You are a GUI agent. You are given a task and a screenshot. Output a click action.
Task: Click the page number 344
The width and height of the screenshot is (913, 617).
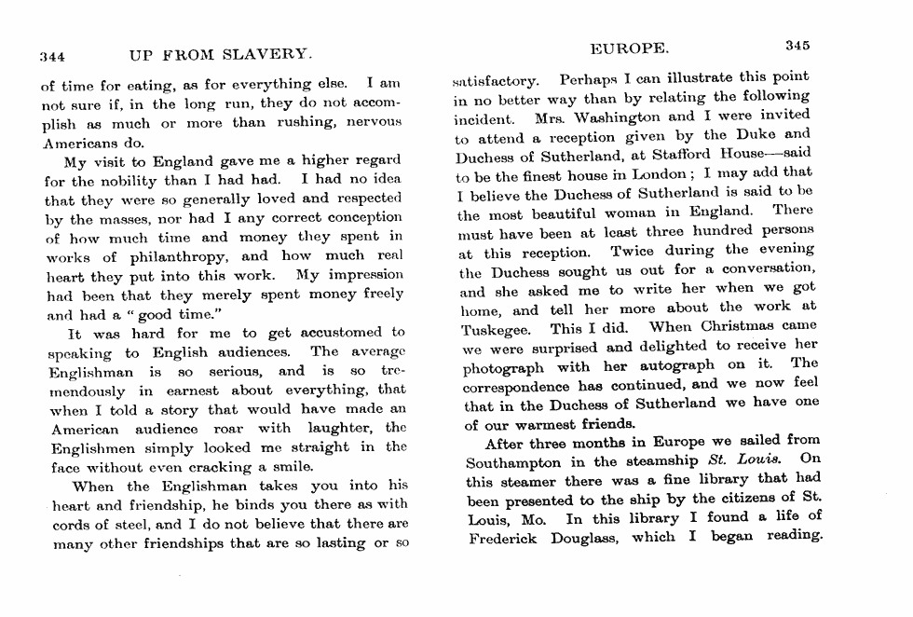(x=51, y=55)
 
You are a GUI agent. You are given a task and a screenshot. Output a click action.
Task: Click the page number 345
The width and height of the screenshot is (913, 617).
(x=798, y=45)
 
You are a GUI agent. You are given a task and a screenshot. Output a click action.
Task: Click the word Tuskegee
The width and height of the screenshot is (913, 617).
(x=497, y=329)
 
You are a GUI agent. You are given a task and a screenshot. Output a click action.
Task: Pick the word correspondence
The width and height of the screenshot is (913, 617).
(x=525, y=386)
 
